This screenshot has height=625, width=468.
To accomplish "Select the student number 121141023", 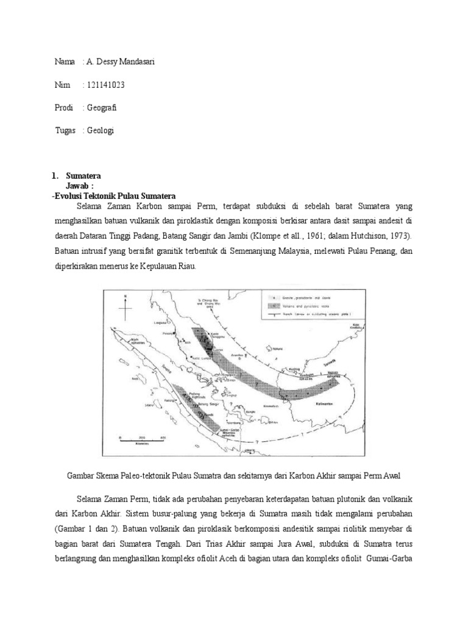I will pyautogui.click(x=106, y=85).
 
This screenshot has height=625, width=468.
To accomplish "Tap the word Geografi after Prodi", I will pyautogui.click(x=102, y=107).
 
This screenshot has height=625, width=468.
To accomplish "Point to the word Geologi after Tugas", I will pyautogui.click(x=101, y=130).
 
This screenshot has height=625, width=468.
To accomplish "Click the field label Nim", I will pyautogui.click(x=62, y=85).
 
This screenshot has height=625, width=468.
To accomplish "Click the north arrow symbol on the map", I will pyautogui.click(x=124, y=307).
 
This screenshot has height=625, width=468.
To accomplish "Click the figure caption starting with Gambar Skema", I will pyautogui.click(x=233, y=475).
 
